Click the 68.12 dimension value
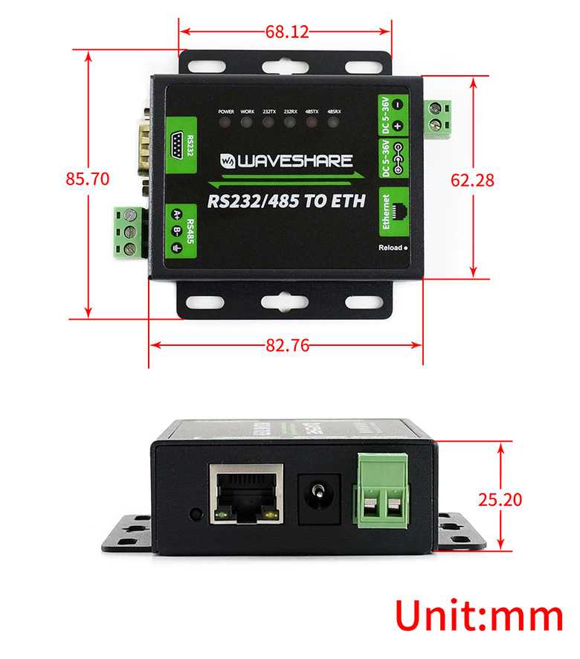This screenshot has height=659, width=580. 286,31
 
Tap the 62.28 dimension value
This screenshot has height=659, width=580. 473,179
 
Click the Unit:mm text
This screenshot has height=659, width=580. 478,617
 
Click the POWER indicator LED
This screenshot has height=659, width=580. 226,121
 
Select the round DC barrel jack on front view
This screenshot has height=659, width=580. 320,494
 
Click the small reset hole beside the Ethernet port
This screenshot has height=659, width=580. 196,513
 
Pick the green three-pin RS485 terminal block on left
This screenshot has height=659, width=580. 129,232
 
